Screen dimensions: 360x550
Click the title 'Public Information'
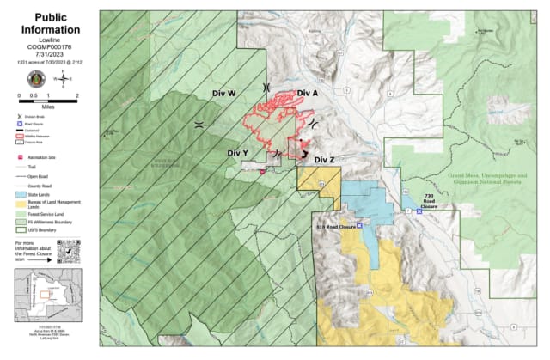click(x=48, y=23)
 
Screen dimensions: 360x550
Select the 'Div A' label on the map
click(x=308, y=93)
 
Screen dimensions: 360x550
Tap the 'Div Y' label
click(x=238, y=153)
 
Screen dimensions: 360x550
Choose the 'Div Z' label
click(x=324, y=160)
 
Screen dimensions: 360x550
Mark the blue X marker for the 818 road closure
click(x=359, y=225)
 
